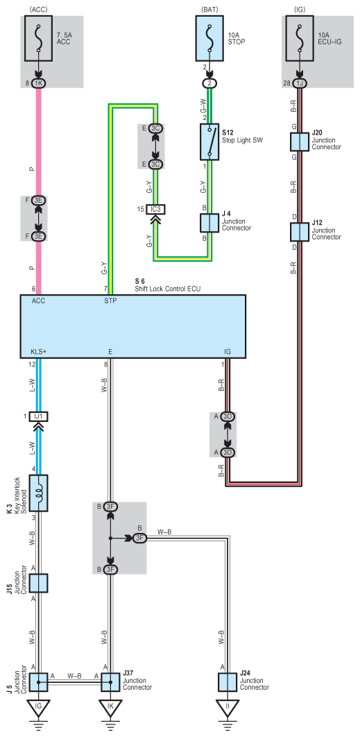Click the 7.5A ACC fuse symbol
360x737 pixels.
coord(39,38)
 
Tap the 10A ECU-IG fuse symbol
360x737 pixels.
coord(300,38)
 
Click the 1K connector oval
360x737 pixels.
coord(39,83)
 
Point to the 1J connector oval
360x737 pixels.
coord(300,83)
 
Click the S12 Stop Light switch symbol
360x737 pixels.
coord(209,142)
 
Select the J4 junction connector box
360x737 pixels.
coord(209,223)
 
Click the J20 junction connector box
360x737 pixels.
coord(300,142)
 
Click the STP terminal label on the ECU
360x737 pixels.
coord(110,301)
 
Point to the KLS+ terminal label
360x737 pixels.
coord(38,352)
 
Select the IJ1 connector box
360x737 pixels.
coord(39,416)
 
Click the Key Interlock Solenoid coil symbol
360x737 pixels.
coord(39,493)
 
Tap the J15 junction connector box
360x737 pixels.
coord(39,583)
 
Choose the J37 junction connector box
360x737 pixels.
coord(110,682)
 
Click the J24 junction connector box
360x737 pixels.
coord(228,682)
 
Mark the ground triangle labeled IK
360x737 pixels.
coord(110,707)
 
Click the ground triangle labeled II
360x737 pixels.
coord(228,707)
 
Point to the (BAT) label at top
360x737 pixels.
coord(209,9)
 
